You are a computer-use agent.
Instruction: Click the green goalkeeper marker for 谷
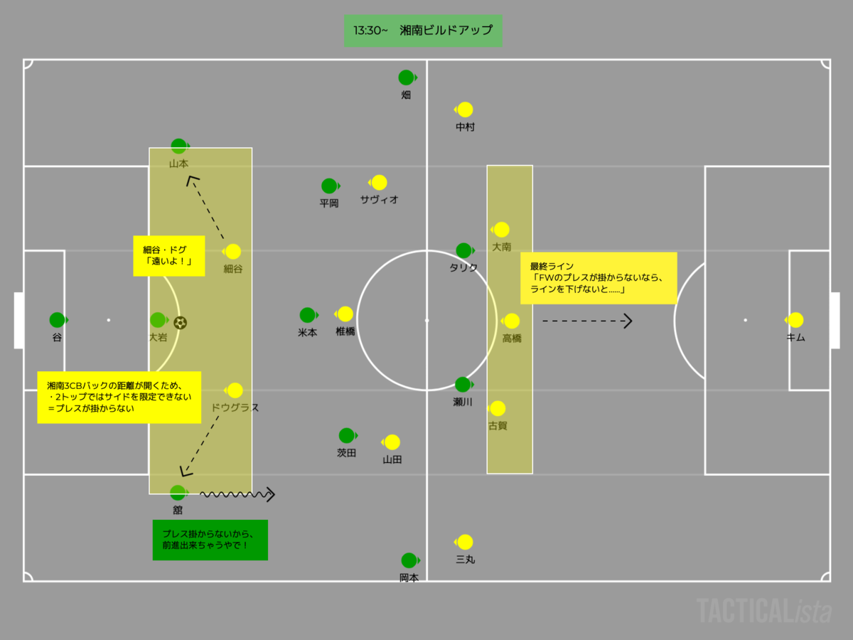(57, 320)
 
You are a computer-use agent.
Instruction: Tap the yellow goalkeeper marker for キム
(795, 320)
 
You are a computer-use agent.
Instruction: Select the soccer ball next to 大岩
(180, 323)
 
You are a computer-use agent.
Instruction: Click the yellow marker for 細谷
(232, 252)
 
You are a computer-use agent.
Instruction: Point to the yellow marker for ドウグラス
(235, 390)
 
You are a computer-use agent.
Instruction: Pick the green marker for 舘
(178, 492)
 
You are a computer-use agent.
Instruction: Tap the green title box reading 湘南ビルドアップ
(423, 31)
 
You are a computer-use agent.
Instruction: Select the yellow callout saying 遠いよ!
(169, 256)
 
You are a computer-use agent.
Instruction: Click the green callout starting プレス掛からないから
(210, 540)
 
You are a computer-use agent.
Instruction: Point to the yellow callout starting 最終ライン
(599, 278)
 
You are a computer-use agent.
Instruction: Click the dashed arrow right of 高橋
(587, 321)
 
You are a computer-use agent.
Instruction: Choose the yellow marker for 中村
(465, 110)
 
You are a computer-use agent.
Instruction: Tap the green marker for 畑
(406, 78)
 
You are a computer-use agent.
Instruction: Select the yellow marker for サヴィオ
(379, 183)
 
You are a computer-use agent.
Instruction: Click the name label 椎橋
(345, 331)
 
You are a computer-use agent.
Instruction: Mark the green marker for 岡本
(409, 560)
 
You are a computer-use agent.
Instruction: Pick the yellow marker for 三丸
(465, 542)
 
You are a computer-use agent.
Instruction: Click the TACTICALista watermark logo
(763, 611)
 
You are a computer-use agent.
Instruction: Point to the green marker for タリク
(463, 250)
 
